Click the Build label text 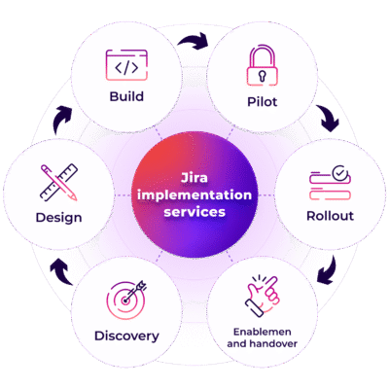point(126,96)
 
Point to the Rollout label point(329,216)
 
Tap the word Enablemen point(263,331)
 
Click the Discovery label point(126,336)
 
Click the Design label point(58,216)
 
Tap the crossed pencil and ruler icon point(58,183)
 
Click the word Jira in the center point(194,178)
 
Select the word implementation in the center point(194,194)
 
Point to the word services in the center point(194,211)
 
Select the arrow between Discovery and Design point(57,269)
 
